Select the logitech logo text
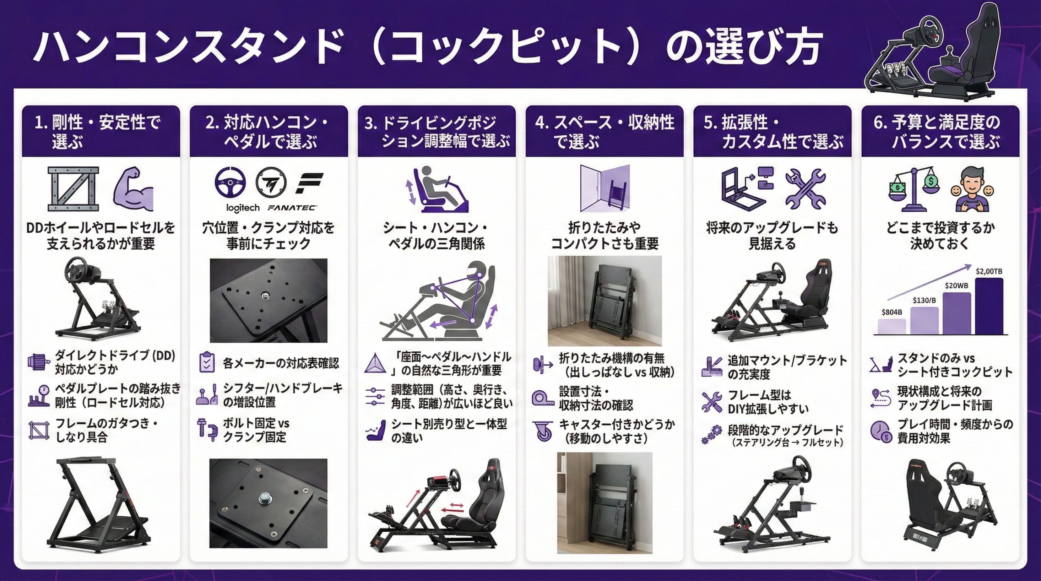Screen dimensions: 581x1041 pos(243,208)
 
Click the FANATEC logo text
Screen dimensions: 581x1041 pos(292,208)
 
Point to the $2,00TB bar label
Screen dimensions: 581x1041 pos(989,271)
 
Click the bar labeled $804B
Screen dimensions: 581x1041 pos(891,326)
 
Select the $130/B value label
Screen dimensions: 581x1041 pos(924,300)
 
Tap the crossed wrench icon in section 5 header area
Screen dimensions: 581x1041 pos(805,189)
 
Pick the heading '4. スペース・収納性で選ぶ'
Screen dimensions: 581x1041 pos(604,131)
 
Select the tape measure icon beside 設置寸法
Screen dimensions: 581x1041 pos(543,398)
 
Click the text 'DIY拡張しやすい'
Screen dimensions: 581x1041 pos(768,409)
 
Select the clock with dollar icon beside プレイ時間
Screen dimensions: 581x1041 pos(881,431)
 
